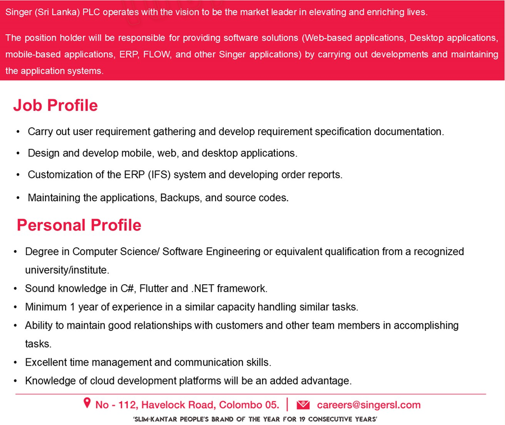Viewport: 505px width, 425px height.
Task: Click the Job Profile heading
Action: pyautogui.click(x=56, y=105)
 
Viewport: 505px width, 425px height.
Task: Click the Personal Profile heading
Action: pyautogui.click(x=79, y=225)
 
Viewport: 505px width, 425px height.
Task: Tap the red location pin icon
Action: pyautogui.click(x=87, y=403)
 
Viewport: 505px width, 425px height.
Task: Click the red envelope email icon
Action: pyautogui.click(x=303, y=405)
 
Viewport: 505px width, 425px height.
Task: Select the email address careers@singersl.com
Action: pyautogui.click(x=369, y=405)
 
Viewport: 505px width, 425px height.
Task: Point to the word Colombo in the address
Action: pyautogui.click(x=240, y=405)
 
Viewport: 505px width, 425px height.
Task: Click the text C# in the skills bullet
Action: pyautogui.click(x=127, y=289)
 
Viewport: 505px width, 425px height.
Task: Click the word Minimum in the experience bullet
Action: pyautogui.click(x=47, y=307)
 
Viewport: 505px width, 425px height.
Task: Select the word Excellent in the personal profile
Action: pyautogui.click(x=46, y=363)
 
